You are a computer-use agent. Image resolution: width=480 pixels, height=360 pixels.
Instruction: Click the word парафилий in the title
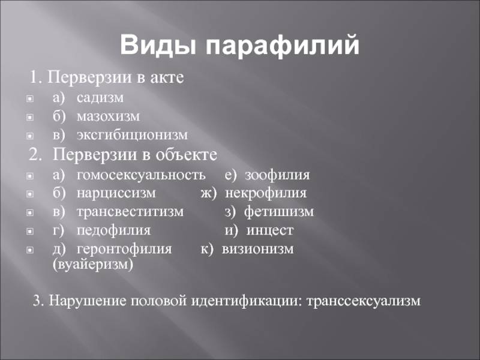pos(282,46)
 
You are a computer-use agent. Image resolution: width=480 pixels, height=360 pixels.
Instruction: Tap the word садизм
pos(100,98)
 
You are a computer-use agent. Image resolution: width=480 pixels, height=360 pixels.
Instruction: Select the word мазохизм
pos(108,116)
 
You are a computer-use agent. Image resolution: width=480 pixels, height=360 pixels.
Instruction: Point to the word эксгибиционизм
pos(132,135)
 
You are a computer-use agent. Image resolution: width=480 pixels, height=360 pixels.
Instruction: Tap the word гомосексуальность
pos(141,175)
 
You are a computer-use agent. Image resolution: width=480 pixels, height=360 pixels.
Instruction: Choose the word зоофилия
pos(277,175)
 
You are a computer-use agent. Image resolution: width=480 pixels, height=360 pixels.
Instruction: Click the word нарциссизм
pos(116,193)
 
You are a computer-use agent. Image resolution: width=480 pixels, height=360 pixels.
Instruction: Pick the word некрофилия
pos(266,193)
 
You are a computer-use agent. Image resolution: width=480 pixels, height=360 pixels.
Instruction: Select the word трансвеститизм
pos(130,212)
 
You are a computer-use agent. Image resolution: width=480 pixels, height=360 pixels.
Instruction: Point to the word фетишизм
pos(279,211)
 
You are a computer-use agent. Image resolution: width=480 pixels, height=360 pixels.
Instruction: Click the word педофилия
pos(113,230)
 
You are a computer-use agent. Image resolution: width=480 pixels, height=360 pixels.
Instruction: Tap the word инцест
pos(269,230)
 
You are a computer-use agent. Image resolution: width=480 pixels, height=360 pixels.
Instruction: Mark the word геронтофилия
pos(124,249)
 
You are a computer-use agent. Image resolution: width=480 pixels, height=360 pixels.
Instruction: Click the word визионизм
pos(257,249)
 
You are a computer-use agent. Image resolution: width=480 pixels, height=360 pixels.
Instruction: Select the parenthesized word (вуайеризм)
pos(93,264)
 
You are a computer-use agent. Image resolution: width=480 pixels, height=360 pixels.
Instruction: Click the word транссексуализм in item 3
pos(364,301)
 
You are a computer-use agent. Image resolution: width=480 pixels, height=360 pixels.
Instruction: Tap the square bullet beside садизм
pos(30,98)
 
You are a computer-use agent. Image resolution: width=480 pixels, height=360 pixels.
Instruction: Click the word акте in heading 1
pos(167,77)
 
